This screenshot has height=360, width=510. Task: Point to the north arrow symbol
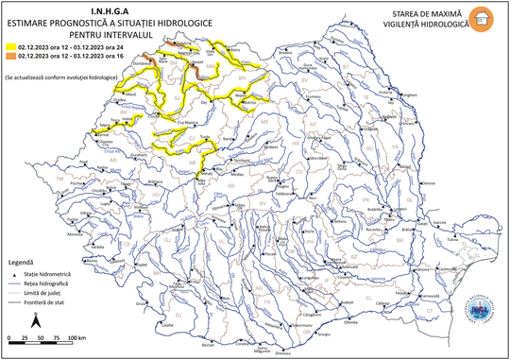tap(36, 321)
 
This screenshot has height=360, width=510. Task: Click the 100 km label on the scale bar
tap(78, 337)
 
